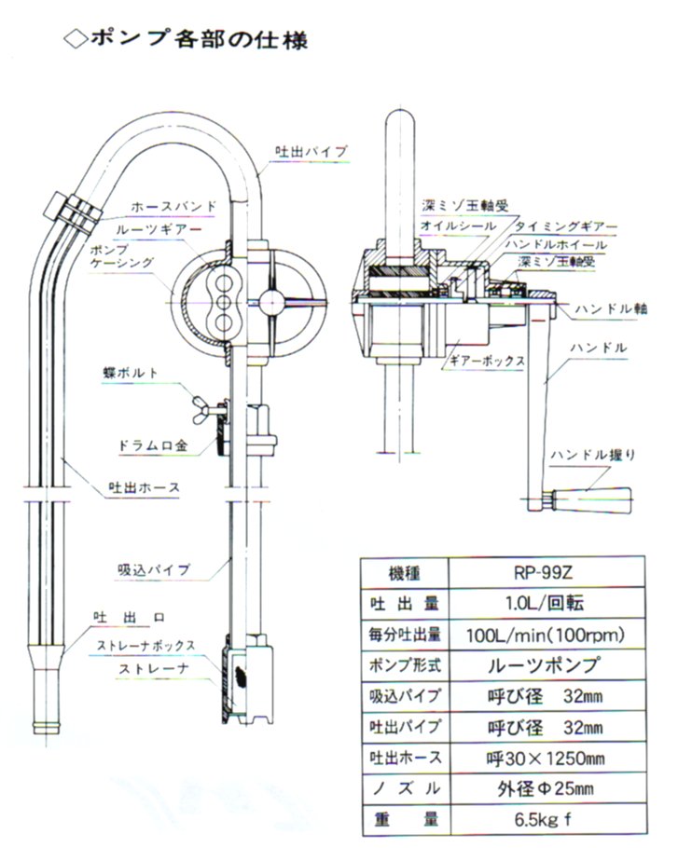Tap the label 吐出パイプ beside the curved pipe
[x=311, y=152]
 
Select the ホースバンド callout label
[x=173, y=206]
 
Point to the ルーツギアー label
[x=159, y=229]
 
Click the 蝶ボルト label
[x=131, y=373]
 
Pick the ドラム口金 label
[x=153, y=445]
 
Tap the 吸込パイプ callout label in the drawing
[x=154, y=570]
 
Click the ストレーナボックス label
[x=145, y=645]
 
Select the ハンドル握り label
[x=592, y=455]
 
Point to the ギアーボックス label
[x=487, y=361]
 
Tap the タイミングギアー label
[x=565, y=226]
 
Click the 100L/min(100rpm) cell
[x=545, y=635]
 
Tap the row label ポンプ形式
[x=405, y=665]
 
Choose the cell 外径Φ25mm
[x=545, y=788]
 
